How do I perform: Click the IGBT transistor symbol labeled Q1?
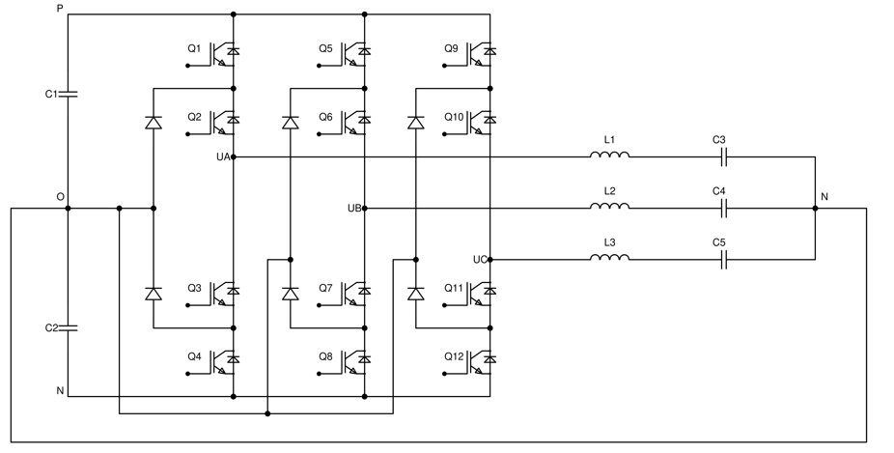225,53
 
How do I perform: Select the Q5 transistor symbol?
355,53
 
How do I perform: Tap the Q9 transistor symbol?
481,53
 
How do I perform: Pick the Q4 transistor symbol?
225,360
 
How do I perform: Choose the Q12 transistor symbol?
481,360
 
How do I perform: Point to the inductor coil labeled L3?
610,258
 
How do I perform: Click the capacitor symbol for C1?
68,94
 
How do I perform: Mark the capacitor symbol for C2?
68,328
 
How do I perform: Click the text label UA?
222,156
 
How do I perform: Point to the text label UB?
353,208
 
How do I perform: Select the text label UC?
480,259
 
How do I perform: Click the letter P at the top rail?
60,9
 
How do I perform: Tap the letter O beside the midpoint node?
60,197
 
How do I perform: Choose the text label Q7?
325,287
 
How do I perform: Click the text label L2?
609,191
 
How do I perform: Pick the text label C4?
719,191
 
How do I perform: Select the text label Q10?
454,117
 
